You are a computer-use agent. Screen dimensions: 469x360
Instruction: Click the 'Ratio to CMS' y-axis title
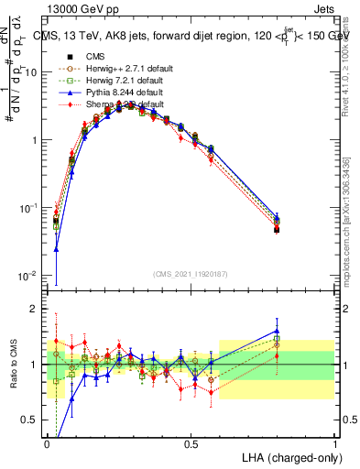(14, 365)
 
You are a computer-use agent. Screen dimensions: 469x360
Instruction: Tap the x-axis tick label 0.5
(191, 442)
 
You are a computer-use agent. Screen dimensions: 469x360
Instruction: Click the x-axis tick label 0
(48, 442)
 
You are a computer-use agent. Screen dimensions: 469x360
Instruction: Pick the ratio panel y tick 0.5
(33, 420)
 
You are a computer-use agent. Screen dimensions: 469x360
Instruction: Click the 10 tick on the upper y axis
(33, 71)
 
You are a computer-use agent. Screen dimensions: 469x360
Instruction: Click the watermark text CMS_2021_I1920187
(190, 275)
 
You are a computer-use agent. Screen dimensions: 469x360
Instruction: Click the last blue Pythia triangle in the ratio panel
(277, 331)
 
